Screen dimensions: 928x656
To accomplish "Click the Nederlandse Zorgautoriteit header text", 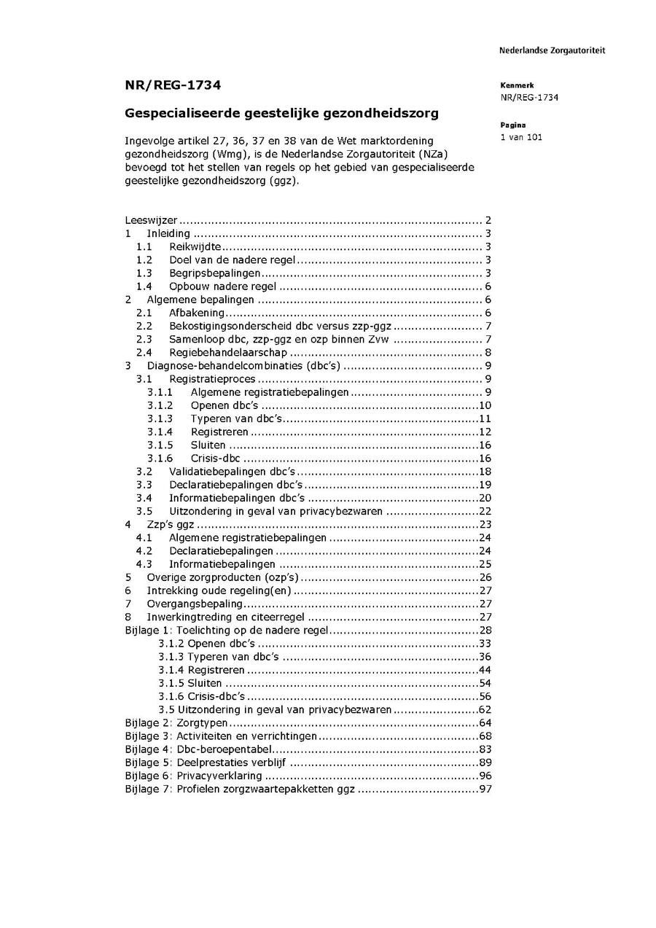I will pos(552,50).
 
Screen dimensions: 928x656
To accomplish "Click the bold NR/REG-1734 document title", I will pos(173,85).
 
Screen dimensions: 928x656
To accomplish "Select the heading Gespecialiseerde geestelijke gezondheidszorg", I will pos(282,114).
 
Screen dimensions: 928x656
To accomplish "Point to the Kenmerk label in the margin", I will pos(517,85).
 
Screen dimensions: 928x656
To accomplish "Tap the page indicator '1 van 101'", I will pos(521,137).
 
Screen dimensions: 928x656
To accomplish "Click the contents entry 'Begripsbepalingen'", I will pos(215,273).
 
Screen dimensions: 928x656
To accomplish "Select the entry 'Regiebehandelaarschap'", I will pos(228,352).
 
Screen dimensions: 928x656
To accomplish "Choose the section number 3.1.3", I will pos(160,418).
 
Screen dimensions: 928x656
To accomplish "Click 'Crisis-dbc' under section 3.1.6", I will pos(215,458).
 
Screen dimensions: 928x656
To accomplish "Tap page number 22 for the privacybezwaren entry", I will pos(485,511).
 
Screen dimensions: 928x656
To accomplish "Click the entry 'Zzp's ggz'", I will pos(171,524).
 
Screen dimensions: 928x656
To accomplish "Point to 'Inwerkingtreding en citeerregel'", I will pos(226,617).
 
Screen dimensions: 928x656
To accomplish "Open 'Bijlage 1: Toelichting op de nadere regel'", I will pos(227,630).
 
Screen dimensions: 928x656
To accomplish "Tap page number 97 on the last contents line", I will pos(485,789).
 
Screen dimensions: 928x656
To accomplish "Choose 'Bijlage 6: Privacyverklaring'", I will pos(194,776).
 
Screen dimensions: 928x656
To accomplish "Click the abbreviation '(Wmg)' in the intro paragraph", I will pos(234,153).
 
